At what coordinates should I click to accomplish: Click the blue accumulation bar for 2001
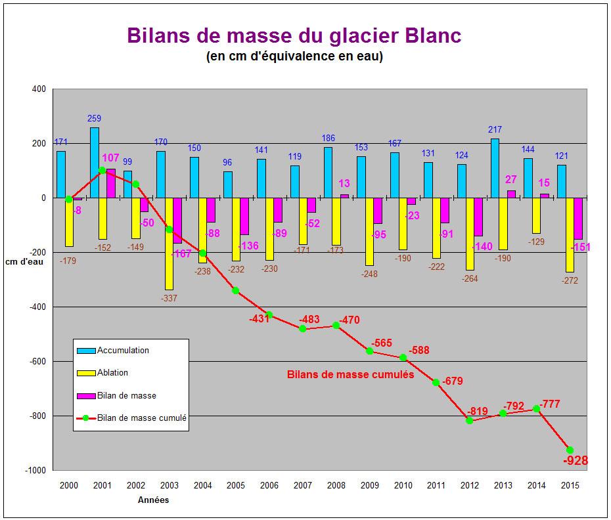click(x=95, y=162)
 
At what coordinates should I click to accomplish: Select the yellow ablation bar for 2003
click(x=169, y=243)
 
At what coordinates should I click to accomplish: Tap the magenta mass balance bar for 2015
click(x=578, y=218)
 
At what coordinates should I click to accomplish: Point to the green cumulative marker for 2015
click(x=570, y=450)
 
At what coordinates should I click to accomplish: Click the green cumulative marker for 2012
click(x=469, y=420)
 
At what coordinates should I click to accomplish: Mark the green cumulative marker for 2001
click(x=102, y=170)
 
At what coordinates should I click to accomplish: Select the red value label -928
click(x=576, y=461)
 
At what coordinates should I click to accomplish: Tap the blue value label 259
click(x=95, y=119)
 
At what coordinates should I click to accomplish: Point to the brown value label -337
click(x=169, y=298)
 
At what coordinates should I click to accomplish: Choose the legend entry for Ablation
click(x=112, y=373)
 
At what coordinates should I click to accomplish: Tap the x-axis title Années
click(x=152, y=500)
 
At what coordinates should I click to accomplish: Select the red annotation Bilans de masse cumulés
click(x=350, y=376)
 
